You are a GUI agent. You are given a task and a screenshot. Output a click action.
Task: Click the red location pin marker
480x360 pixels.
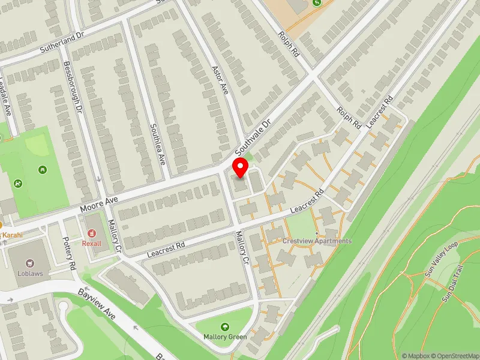(241, 167)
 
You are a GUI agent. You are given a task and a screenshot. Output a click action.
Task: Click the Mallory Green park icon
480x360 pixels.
(224, 327)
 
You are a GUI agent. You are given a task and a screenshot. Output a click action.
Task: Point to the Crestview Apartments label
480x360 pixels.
(317, 241)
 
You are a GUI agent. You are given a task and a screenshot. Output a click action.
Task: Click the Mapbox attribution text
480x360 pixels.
(416, 356)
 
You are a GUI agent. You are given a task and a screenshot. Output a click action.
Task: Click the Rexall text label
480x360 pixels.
(92, 244)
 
